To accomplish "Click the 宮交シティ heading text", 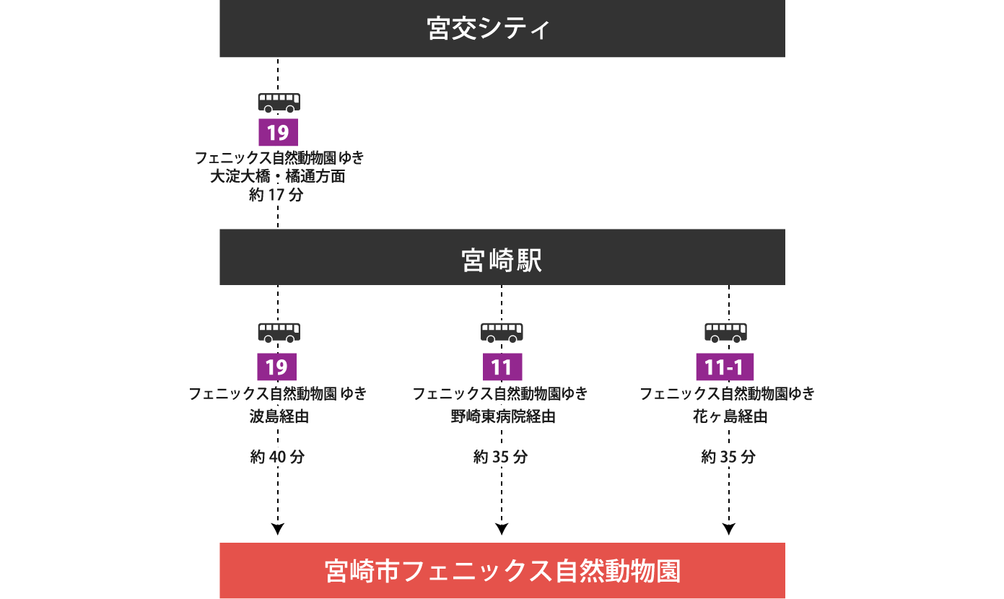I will [489, 29].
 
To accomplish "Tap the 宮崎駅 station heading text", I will [502, 261].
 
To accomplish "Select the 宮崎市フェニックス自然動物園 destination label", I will [502, 571].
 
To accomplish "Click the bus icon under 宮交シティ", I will [279, 102].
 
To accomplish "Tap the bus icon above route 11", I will [502, 332].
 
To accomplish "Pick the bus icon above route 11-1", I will [725, 332].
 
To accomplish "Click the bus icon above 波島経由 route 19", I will [279, 332].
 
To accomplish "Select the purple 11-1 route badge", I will [725, 367].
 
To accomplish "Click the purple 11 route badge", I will [502, 367].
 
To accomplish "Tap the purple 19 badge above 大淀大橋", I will [278, 132].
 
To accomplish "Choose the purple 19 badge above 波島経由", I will [277, 367].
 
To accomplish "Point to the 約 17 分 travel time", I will [277, 196].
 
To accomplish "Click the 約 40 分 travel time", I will [279, 456].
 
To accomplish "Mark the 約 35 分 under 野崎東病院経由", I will [501, 456].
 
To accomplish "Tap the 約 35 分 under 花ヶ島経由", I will [729, 456].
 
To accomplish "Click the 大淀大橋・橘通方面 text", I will [278, 177].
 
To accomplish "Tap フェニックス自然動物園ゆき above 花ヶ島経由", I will [727, 393].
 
